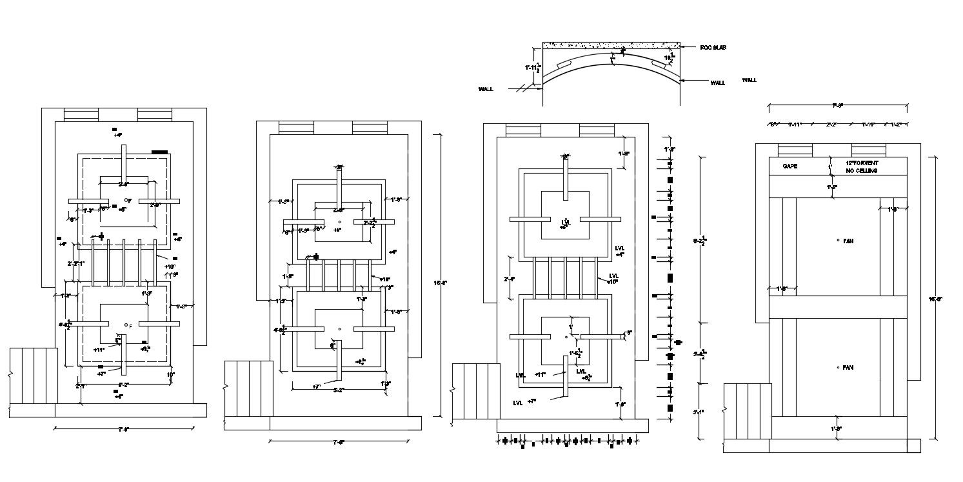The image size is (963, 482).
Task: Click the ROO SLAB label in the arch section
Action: (x=713, y=48)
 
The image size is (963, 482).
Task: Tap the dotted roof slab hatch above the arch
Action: (x=610, y=46)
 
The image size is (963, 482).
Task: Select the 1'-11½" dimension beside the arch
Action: (x=532, y=68)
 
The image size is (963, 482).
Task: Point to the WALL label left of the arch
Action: (x=486, y=89)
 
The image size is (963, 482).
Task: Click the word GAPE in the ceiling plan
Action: (x=790, y=166)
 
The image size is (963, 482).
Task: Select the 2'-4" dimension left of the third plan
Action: (x=508, y=279)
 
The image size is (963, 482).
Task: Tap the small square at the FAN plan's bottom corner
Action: (x=913, y=445)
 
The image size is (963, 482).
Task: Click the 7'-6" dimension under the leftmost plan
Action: (x=123, y=428)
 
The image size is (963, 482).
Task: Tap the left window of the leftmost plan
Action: (x=81, y=115)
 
